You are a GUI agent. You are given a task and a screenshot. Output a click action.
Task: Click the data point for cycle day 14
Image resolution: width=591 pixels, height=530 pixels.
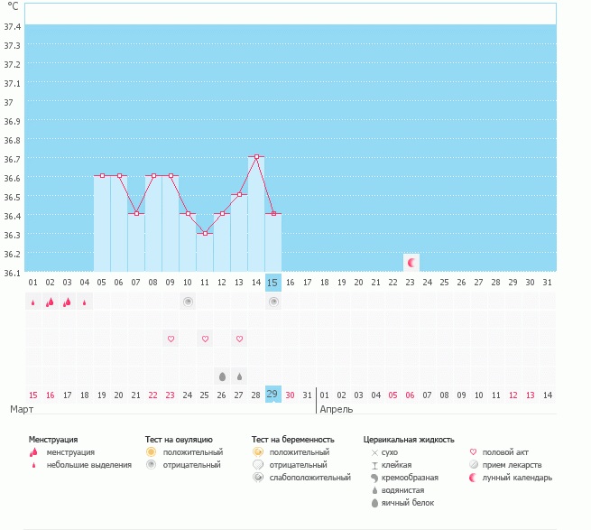[x=256, y=157]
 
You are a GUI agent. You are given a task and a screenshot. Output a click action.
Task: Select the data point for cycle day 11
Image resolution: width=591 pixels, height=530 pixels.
[x=205, y=233]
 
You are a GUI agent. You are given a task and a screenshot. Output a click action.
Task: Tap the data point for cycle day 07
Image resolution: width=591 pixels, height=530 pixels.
[x=136, y=213]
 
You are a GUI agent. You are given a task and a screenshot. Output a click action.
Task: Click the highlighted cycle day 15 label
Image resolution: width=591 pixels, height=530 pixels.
[x=272, y=283]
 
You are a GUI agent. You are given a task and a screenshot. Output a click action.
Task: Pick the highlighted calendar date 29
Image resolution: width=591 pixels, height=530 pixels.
[x=272, y=394]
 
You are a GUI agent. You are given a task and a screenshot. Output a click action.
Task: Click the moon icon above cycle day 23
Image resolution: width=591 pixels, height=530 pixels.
[x=411, y=263]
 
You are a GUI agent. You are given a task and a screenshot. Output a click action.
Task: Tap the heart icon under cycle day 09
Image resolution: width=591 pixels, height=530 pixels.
[x=171, y=339]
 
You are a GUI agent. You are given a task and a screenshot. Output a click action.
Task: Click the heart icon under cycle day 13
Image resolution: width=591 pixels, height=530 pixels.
[x=239, y=339]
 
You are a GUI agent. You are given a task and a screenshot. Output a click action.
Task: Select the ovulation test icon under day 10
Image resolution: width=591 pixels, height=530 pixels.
[x=188, y=302]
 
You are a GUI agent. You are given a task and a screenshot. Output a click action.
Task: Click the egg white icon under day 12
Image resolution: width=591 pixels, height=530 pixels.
[x=222, y=376]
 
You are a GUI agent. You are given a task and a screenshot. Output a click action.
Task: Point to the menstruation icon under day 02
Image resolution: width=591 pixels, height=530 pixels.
[x=51, y=302]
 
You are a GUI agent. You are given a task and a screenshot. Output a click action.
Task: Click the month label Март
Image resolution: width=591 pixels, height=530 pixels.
[x=22, y=409]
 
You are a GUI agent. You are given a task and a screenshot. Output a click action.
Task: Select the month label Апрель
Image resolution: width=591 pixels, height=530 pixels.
[x=337, y=409]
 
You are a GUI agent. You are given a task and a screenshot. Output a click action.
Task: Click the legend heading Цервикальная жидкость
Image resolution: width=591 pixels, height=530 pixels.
[x=408, y=440]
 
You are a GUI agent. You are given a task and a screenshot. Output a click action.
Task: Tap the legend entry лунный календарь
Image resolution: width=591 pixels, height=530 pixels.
[x=517, y=478]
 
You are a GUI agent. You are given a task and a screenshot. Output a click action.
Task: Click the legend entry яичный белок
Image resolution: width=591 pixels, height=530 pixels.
[x=406, y=503]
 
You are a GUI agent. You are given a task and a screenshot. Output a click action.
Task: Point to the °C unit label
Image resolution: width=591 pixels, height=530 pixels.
[x=14, y=7]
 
